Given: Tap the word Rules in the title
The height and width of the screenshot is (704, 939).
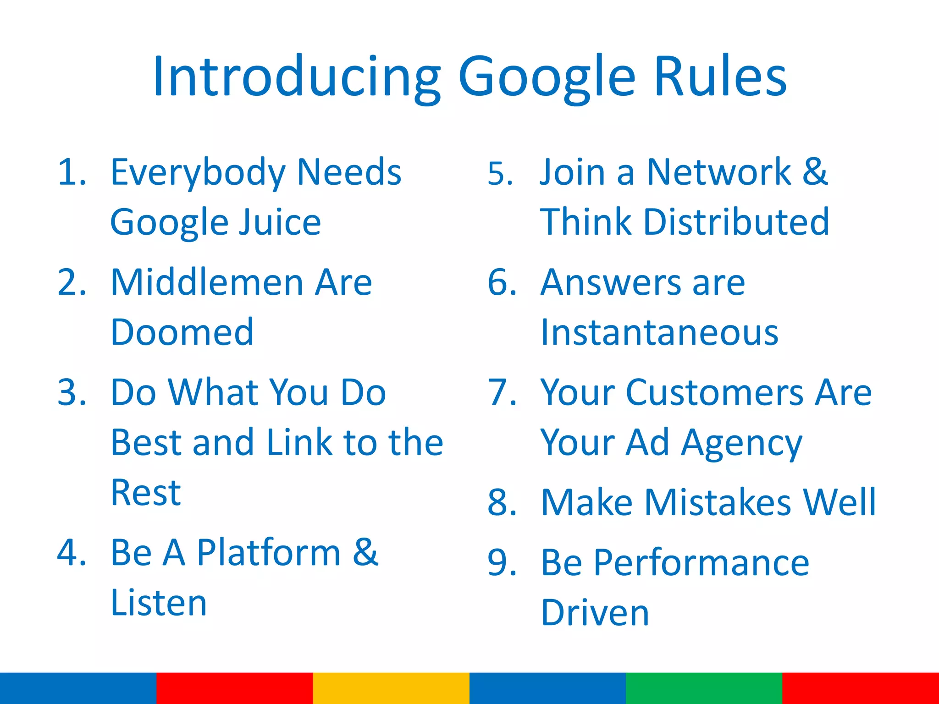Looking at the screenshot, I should coord(720,77).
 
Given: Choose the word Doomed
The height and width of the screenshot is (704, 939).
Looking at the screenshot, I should coord(182,332).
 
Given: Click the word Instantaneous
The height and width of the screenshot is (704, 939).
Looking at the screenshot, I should coord(659,332).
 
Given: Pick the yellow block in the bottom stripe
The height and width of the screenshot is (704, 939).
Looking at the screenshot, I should coord(391,688).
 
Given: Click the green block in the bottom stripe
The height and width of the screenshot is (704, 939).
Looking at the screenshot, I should coord(704,688).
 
